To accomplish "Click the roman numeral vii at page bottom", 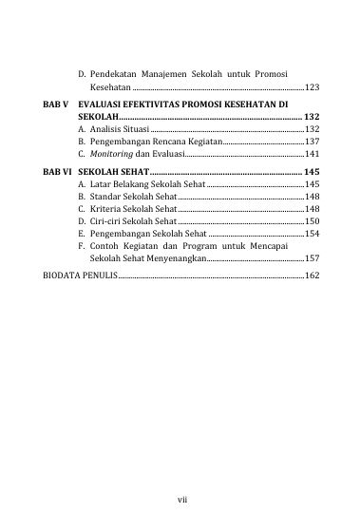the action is pyautogui.click(x=180, y=498).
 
